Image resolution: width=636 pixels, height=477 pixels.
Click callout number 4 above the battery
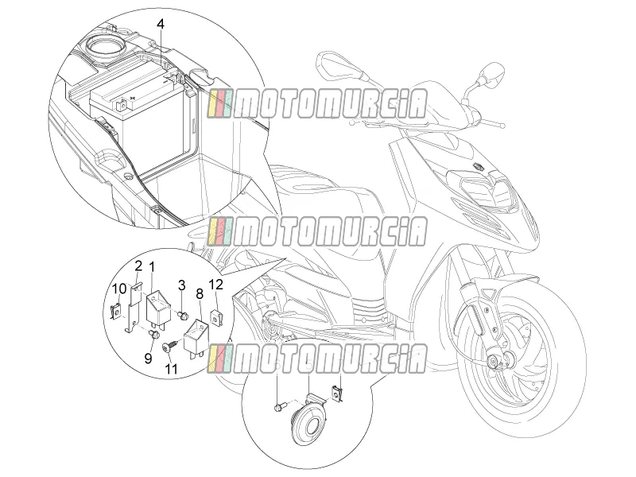161,24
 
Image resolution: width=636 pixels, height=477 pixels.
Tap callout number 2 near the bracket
138,266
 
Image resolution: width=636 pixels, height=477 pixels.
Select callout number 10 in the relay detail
119,289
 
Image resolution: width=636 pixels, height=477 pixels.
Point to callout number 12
216,285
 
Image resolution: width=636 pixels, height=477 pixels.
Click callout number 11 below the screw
171,369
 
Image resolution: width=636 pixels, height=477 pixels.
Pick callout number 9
148,358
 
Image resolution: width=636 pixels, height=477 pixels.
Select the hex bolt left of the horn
281,405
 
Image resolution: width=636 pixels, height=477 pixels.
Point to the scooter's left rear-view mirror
334,67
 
